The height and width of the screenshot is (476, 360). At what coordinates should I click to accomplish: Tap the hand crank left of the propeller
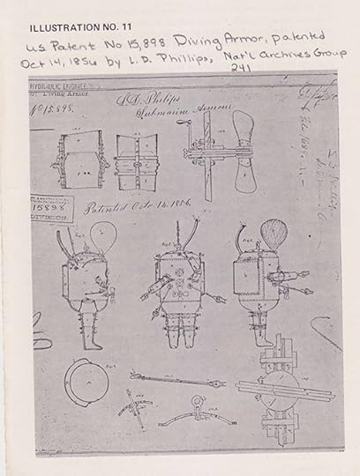(x=190, y=150)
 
